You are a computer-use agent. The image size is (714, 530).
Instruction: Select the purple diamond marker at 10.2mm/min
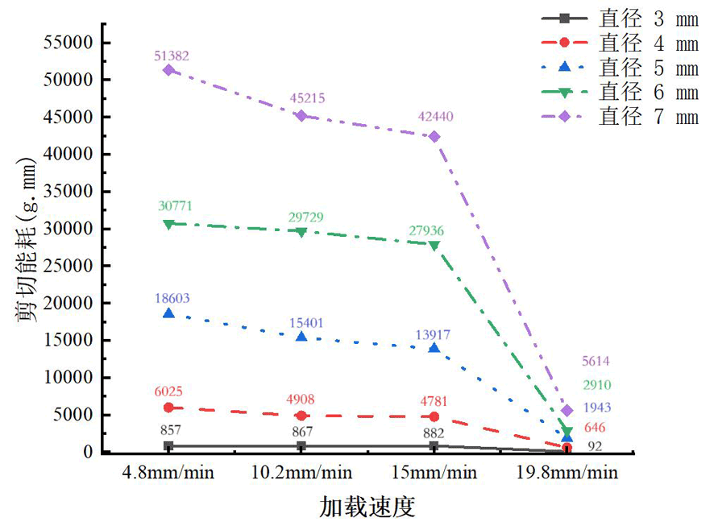point(301,115)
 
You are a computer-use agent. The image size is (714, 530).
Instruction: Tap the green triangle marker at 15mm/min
point(434,246)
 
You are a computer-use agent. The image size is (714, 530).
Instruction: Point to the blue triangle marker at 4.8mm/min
point(168,313)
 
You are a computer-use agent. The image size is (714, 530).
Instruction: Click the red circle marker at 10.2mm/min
point(301,416)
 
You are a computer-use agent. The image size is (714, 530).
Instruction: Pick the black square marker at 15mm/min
point(434,445)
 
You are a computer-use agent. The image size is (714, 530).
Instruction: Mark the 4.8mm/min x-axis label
point(169,473)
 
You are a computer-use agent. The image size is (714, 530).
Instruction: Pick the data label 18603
point(171,298)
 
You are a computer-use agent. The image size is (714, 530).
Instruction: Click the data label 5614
point(595,362)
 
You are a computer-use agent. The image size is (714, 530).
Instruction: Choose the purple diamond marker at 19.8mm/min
point(567,411)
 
